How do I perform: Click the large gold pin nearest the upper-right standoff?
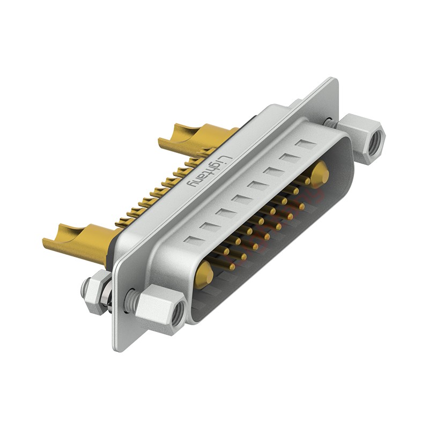[320, 173]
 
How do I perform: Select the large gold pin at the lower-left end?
[204, 275]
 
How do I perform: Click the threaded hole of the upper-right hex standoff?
[375, 140]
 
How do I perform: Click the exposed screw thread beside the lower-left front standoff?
[129, 301]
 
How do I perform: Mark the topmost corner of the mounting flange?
[335, 79]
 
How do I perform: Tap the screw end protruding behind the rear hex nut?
[84, 291]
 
